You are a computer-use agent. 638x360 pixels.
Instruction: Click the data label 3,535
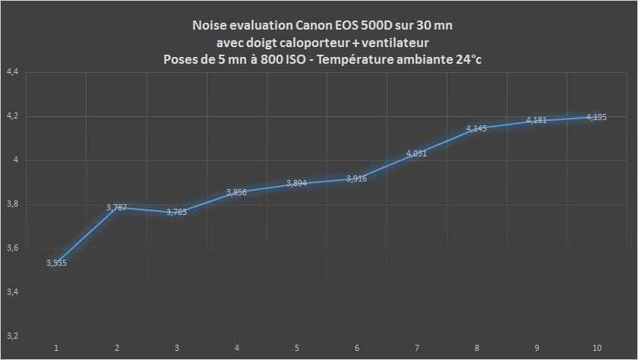coord(56,262)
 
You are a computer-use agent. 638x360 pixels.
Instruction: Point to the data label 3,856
coord(237,192)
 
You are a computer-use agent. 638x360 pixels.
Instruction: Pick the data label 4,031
coord(417,153)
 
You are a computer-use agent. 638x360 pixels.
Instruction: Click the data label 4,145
coord(476,128)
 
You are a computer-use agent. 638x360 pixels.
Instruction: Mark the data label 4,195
coord(596,117)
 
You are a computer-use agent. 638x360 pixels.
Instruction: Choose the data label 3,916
coord(357,178)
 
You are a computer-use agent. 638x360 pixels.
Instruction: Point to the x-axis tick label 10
coord(597,348)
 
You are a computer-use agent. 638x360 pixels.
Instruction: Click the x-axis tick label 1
coord(56,348)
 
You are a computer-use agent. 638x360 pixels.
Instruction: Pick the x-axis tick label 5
coord(297,348)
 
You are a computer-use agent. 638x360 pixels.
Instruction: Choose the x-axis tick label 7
coord(417,348)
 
